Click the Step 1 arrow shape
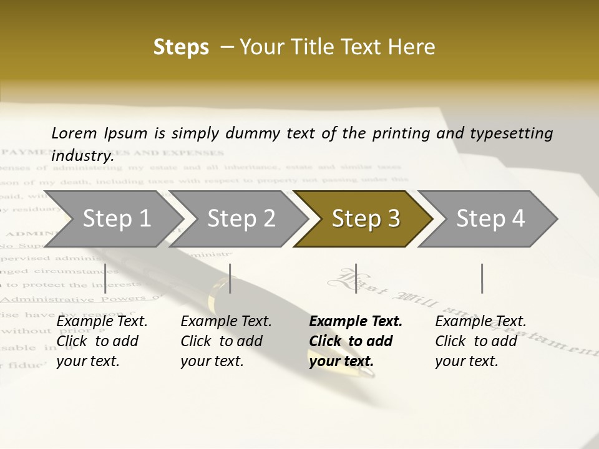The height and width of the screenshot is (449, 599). [x=115, y=219]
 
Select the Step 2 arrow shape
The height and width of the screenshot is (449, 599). [x=241, y=219]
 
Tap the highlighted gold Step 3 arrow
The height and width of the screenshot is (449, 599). [x=365, y=219]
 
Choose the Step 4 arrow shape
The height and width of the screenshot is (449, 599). [x=490, y=219]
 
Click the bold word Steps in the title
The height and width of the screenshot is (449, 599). [x=181, y=47]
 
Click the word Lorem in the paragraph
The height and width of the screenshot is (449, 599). [x=74, y=133]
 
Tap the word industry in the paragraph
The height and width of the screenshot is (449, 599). [x=82, y=155]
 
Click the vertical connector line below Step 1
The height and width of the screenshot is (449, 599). [x=105, y=278]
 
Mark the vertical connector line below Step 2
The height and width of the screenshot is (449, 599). [x=230, y=278]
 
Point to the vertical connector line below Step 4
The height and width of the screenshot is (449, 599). [x=482, y=278]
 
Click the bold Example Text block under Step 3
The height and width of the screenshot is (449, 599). [x=356, y=341]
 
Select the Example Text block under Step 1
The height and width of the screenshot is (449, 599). [x=102, y=341]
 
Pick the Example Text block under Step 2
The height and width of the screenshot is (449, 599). [x=226, y=341]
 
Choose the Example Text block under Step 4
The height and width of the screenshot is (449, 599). [x=480, y=341]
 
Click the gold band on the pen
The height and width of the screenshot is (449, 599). [x=218, y=293]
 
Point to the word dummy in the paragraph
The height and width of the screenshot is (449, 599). [x=276, y=133]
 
